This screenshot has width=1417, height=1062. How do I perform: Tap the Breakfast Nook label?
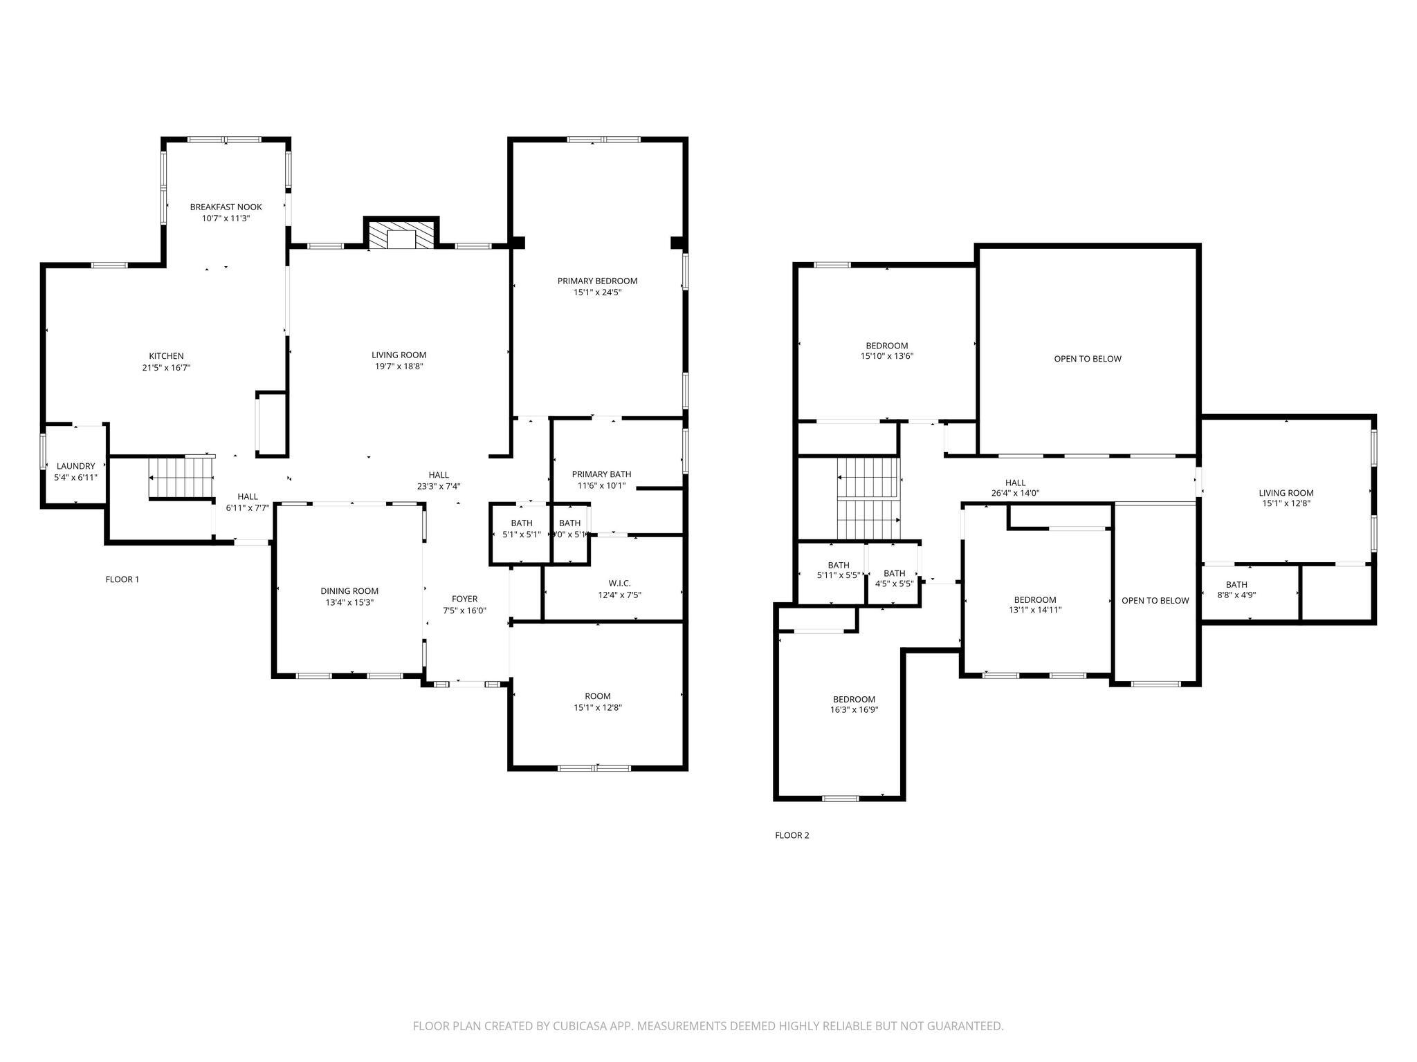click(226, 207)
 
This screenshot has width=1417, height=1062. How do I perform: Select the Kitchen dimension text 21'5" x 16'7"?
click(166, 368)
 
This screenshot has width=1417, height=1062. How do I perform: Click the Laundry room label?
click(75, 466)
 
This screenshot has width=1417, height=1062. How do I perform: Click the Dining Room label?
click(349, 591)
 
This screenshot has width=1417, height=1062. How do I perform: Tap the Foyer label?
click(464, 599)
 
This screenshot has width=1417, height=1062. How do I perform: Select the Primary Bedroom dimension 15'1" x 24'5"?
click(597, 292)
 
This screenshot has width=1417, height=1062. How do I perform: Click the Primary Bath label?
click(601, 474)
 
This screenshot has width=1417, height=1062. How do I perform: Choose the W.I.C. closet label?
click(619, 584)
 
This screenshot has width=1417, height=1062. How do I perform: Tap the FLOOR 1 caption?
click(122, 579)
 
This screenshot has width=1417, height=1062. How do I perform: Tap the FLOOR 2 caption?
click(792, 835)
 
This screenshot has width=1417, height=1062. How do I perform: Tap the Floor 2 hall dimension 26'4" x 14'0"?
click(1015, 494)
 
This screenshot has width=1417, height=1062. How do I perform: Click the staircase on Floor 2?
click(868, 498)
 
